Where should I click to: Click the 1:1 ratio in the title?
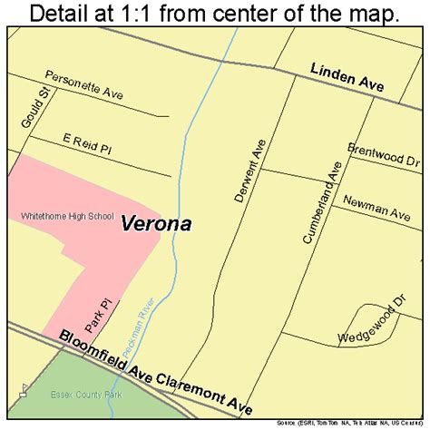tap(154, 14)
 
